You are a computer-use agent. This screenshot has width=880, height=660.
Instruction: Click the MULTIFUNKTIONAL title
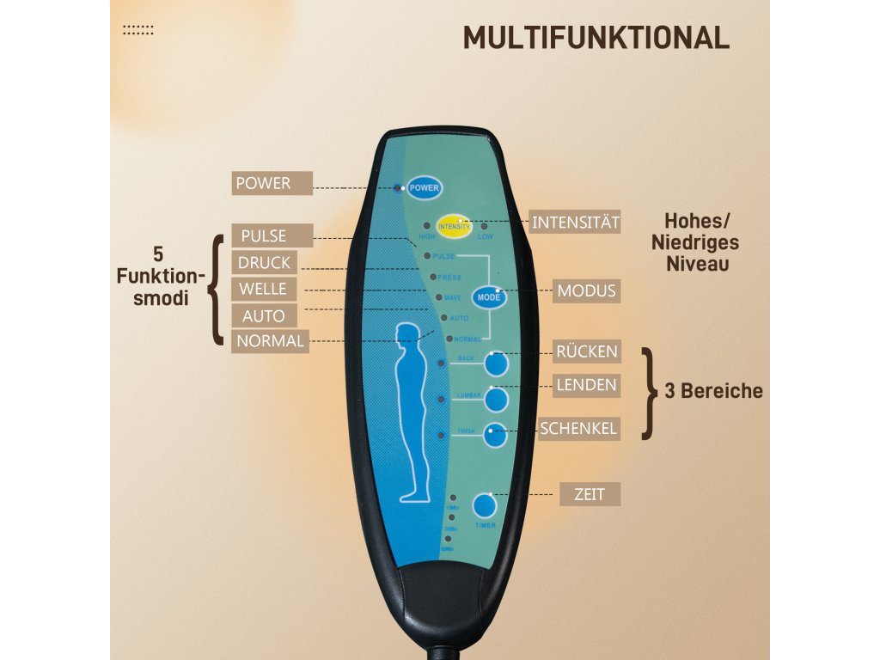(x=596, y=38)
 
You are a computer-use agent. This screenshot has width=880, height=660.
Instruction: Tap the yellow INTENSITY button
(x=454, y=225)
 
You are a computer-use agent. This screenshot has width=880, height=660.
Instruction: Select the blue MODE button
(x=488, y=296)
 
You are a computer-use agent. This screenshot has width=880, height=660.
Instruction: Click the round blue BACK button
(x=496, y=364)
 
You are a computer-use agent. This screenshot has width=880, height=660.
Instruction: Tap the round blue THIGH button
(x=495, y=436)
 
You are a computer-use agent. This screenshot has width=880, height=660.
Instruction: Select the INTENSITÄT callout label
(x=575, y=223)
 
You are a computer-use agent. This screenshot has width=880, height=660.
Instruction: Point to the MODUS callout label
(x=586, y=290)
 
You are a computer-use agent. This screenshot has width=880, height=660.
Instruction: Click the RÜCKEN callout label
(x=586, y=351)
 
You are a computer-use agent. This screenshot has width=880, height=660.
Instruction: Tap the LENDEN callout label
(x=586, y=385)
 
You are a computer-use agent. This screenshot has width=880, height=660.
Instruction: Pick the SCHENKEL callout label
(x=578, y=428)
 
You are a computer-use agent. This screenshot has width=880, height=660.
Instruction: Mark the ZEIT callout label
(x=590, y=494)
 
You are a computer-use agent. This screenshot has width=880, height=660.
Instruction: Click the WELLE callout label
(x=263, y=289)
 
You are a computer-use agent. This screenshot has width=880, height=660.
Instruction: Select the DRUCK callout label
(x=264, y=262)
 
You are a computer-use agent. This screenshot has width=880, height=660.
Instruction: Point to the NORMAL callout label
(x=270, y=341)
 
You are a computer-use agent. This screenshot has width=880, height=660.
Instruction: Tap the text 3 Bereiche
(x=713, y=391)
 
